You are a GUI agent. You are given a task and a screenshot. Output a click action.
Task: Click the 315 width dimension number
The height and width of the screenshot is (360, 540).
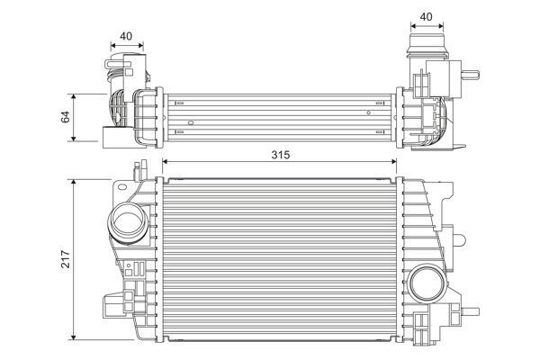click(280, 155)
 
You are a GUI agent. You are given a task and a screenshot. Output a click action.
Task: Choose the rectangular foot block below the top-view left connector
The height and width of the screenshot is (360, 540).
click(112, 138)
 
